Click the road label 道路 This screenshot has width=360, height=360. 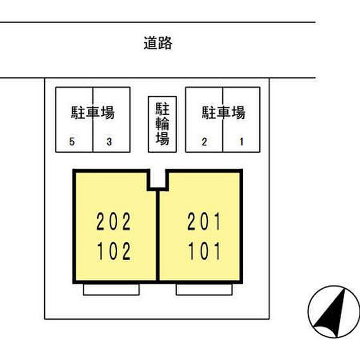click(x=158, y=43)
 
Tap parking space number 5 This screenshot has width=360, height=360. click(x=72, y=141)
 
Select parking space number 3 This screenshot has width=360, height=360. click(x=109, y=141)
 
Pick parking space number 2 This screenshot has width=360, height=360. click(x=204, y=141)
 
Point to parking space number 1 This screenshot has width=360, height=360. click(x=241, y=141)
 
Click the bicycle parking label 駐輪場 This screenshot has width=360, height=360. click(x=163, y=123)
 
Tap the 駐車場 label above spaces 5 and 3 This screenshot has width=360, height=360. click(x=93, y=113)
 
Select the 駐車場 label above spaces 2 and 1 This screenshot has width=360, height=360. click(x=224, y=113)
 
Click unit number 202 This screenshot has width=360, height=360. click(x=114, y=222)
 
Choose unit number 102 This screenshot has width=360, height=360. click(x=114, y=251)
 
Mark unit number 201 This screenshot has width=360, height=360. click(x=204, y=222)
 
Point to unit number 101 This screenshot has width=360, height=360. click(x=204, y=251)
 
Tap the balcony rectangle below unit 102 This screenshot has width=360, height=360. click(x=112, y=290)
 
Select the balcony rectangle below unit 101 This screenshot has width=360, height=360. click(x=204, y=290)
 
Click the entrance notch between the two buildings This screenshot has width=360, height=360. click(x=158, y=179)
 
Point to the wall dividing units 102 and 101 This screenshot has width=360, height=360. click(x=158, y=236)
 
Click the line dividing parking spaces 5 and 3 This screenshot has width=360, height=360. click(x=93, y=119)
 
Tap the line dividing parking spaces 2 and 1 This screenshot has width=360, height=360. click(x=223, y=119)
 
